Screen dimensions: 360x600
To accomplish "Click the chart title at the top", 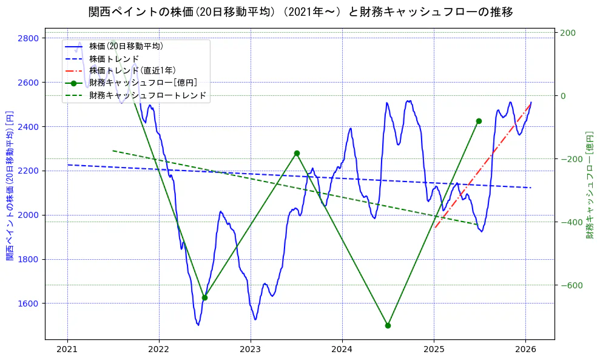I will pyautogui.click(x=300, y=12).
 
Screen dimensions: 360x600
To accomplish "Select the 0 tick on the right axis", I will pyautogui.click(x=563, y=96).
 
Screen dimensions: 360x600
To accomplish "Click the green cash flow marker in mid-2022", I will pyautogui.click(x=204, y=297).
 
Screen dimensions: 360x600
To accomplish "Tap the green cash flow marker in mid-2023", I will pyautogui.click(x=297, y=154).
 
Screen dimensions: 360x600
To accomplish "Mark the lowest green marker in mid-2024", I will pyautogui.click(x=388, y=325).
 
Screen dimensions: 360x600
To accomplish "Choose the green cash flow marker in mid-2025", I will pyautogui.click(x=479, y=121).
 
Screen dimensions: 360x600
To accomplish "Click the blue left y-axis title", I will pyautogui.click(x=9, y=185).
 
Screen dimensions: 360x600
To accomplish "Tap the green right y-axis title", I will pyautogui.click(x=589, y=185).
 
